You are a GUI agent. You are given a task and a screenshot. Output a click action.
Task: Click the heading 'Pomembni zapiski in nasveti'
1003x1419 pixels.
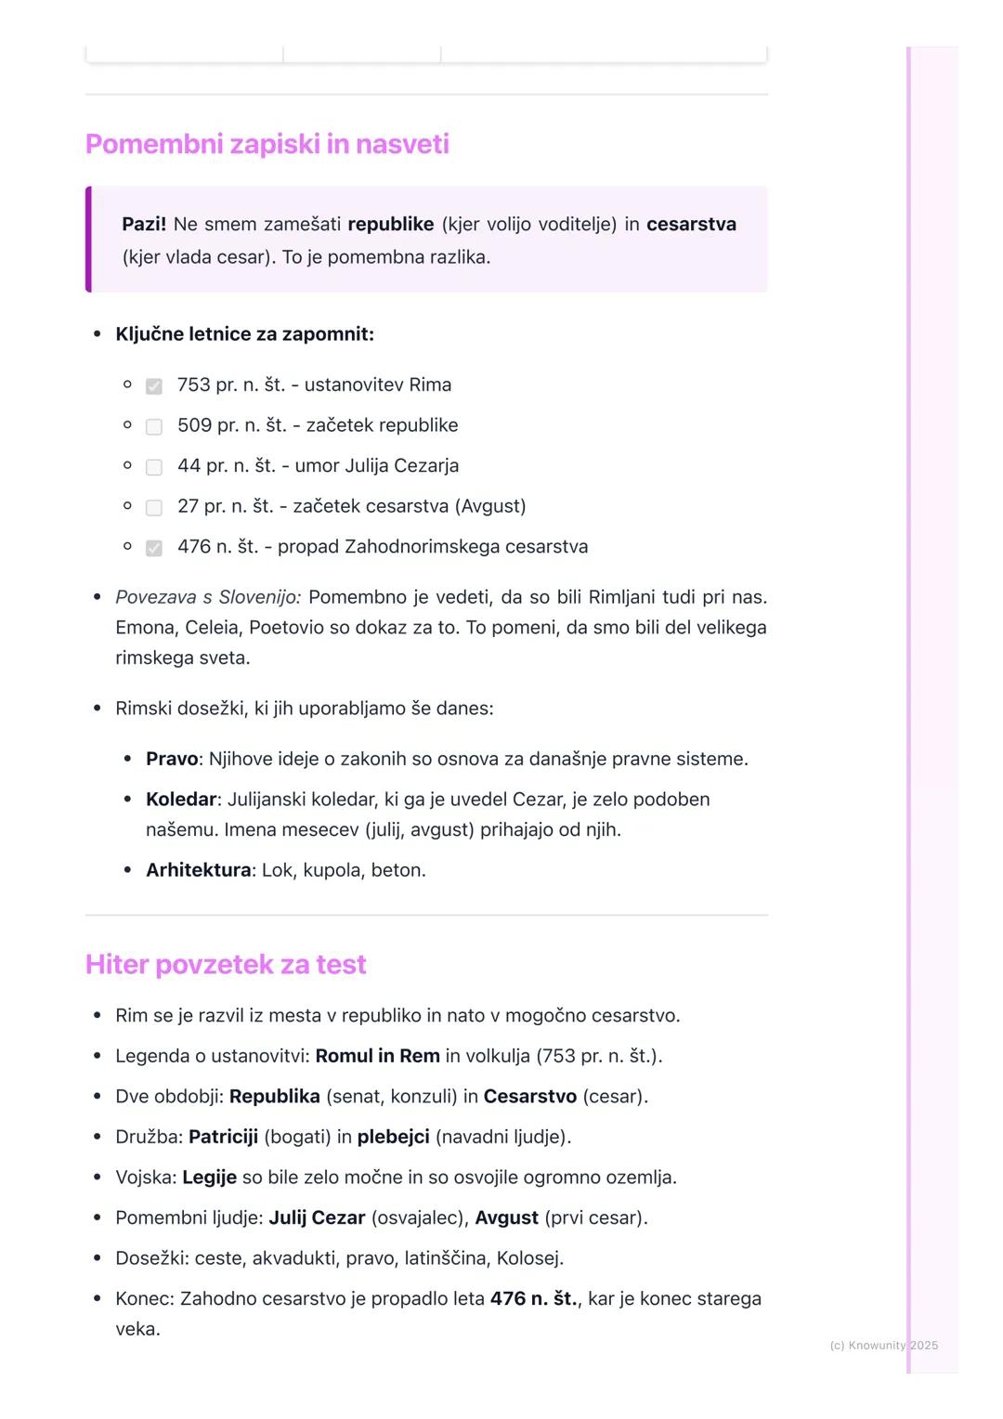[267, 144]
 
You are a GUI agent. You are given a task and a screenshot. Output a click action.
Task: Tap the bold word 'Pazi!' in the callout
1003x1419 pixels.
[144, 224]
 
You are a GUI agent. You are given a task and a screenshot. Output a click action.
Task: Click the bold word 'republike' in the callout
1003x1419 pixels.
[390, 224]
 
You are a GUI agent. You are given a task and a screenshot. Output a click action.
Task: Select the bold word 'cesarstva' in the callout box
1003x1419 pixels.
[691, 224]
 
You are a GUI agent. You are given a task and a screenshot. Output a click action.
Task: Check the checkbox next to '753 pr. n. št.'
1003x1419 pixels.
[154, 385]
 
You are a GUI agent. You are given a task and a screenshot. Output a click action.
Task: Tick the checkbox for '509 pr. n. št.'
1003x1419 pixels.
[154, 426]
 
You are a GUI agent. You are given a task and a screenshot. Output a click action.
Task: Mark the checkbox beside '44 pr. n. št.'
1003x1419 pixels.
[154, 467]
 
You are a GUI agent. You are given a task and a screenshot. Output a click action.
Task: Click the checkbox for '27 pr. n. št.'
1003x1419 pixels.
[154, 507]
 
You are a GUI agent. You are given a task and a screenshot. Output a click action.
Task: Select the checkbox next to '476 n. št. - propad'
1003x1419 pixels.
[154, 548]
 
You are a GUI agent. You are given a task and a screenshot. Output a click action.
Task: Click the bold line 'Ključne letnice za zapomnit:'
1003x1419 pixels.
[244, 334]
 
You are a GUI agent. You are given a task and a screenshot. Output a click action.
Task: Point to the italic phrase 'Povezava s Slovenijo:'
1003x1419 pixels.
[208, 597]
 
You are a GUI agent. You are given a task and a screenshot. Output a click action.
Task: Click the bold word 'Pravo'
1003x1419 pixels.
[172, 759]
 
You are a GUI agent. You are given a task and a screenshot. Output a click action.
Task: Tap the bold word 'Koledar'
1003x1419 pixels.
[181, 800]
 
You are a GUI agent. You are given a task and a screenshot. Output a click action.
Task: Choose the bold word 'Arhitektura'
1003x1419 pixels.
[198, 870]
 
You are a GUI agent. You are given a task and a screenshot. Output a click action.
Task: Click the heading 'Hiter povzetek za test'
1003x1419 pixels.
[226, 964]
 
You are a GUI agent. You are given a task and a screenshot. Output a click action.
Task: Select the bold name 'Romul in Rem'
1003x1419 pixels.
[377, 1056]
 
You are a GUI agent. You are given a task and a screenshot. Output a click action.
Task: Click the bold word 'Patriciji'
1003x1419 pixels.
[223, 1137]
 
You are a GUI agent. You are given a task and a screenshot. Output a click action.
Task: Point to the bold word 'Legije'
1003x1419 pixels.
[209, 1178]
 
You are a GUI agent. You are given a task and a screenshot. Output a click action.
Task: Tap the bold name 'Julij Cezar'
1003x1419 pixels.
[317, 1217]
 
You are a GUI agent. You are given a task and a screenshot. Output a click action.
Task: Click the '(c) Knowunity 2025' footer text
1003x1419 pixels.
[883, 1345]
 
